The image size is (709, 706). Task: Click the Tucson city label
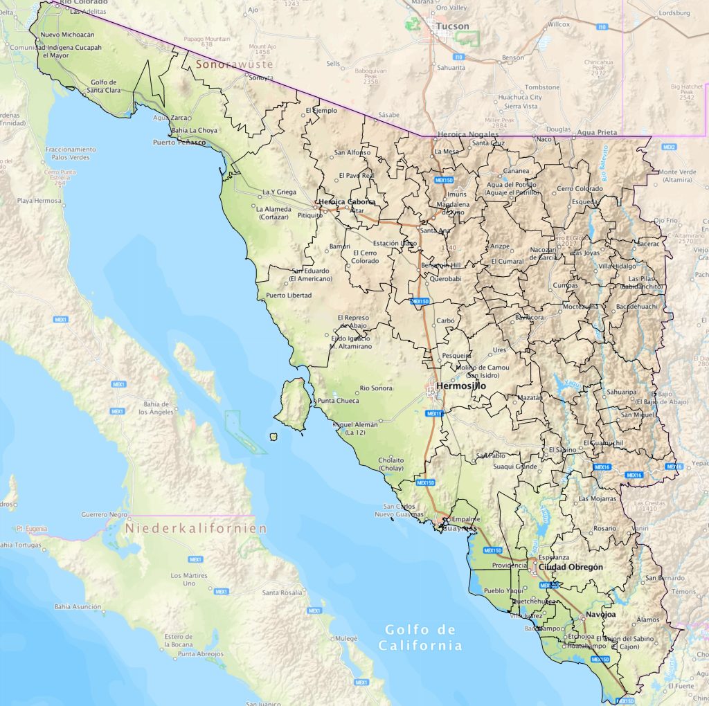pyautogui.click(x=453, y=26)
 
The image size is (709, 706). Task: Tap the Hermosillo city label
pyautogui.click(x=460, y=386)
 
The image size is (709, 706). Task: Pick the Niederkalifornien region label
pyautogui.click(x=196, y=528)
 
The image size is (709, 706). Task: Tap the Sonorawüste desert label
pyautogui.click(x=234, y=64)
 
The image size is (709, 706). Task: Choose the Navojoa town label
pyautogui.click(x=600, y=614)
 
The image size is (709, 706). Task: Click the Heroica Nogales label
pyautogui.click(x=469, y=134)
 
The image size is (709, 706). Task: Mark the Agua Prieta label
pyautogui.click(x=595, y=131)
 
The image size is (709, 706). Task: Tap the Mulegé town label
pyautogui.click(x=345, y=637)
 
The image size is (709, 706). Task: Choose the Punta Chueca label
pyautogui.click(x=338, y=401)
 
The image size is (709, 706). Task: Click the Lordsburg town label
pyautogui.click(x=674, y=12)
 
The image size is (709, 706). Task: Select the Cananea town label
pyautogui.click(x=517, y=171)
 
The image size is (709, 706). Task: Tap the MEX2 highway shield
pyautogui.click(x=669, y=147)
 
